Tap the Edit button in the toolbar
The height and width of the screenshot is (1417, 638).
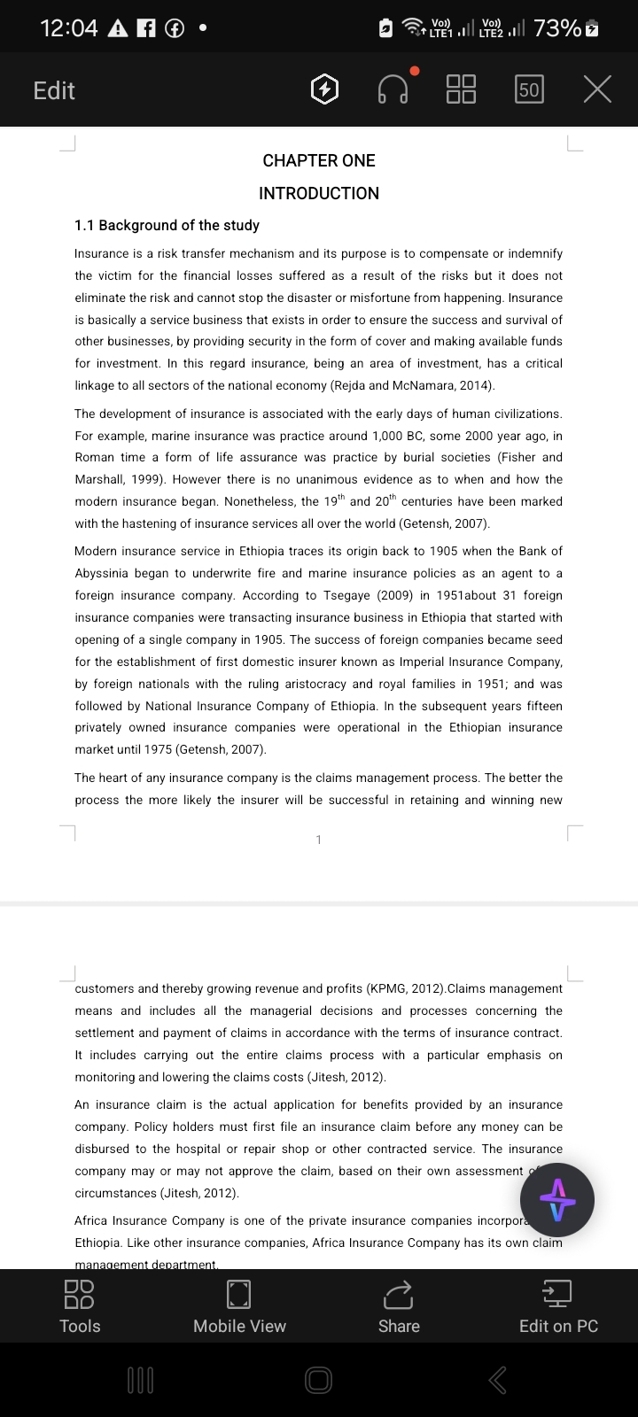point(54,90)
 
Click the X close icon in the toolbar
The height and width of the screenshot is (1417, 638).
point(598,89)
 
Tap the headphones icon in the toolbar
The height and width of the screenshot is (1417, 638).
point(393,89)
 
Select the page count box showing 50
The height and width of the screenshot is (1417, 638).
point(529,89)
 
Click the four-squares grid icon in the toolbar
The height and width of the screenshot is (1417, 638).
point(461,89)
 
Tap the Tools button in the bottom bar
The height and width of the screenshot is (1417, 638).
point(80,1305)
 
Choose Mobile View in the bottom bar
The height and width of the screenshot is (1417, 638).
point(239,1305)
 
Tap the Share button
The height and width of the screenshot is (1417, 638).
point(399,1305)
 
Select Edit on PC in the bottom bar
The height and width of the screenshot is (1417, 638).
point(558,1305)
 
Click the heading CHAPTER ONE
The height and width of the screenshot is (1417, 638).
point(319,160)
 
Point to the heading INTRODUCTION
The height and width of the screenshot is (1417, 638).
point(319,193)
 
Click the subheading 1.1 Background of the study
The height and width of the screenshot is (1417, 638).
point(167,225)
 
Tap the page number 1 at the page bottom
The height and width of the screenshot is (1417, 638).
point(319,840)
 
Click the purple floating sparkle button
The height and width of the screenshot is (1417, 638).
point(557,1201)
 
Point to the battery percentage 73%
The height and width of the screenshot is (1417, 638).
point(556,28)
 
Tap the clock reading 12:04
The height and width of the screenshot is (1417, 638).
point(69,28)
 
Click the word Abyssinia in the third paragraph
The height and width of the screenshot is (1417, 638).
point(104,573)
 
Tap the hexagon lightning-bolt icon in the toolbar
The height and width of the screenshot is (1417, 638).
point(325,89)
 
